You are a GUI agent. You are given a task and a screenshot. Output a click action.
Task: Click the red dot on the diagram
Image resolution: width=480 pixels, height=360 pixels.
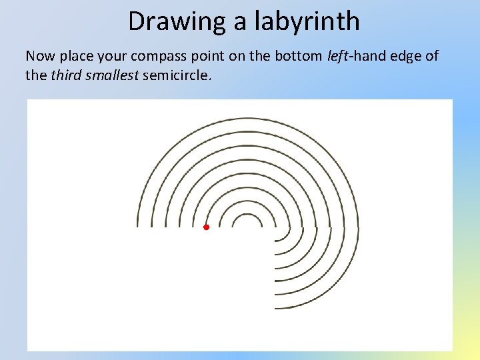[206, 227]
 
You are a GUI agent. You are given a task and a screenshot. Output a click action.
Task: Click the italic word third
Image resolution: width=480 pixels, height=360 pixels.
[66, 75]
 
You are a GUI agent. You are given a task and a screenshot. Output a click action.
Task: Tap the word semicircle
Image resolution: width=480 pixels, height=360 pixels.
[177, 75]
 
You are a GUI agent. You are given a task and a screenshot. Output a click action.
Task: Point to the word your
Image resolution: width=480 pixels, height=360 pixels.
[117, 56]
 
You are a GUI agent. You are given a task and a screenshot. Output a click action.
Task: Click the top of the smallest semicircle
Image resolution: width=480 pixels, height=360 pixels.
[247, 215]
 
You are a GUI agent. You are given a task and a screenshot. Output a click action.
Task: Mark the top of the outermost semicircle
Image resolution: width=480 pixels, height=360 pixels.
[247, 119]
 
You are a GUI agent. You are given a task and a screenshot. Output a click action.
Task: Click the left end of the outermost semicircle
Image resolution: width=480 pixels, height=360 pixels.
[138, 226]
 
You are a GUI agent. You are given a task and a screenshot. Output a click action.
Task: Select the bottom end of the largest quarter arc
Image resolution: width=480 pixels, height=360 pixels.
[275, 308]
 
